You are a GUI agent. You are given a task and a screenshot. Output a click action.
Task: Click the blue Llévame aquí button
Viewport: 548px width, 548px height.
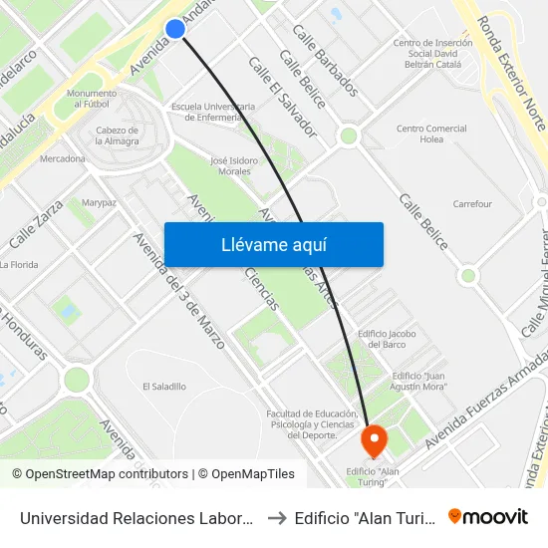click(x=273, y=244)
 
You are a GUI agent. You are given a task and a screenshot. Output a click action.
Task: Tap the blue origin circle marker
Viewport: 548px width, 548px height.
click(x=174, y=29)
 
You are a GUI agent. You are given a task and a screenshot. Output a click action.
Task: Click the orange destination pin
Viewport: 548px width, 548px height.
click(x=375, y=438)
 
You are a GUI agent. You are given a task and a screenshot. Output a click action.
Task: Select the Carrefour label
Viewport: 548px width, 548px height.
click(x=472, y=204)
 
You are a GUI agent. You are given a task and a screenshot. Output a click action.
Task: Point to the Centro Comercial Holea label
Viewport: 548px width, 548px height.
click(x=431, y=135)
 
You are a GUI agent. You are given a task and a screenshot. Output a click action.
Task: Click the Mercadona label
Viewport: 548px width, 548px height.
click(x=62, y=158)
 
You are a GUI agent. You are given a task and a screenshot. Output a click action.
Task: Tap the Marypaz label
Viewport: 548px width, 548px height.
click(x=100, y=202)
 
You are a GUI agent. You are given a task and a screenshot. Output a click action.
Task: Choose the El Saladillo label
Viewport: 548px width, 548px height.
click(x=163, y=387)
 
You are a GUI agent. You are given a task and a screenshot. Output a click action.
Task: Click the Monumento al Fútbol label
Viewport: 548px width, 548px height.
click(x=88, y=99)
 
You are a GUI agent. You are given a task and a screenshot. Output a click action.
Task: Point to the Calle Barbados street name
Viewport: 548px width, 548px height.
click(x=325, y=60)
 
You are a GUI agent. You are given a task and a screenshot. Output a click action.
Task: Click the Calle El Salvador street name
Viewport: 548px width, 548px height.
click(x=282, y=96)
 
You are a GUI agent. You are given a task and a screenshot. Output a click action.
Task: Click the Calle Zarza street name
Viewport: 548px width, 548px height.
click(x=36, y=224)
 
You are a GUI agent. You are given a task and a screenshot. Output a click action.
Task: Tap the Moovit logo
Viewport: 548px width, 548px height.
click(x=487, y=516)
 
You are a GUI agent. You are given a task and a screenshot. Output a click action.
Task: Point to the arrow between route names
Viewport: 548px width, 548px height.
click(x=277, y=517)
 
